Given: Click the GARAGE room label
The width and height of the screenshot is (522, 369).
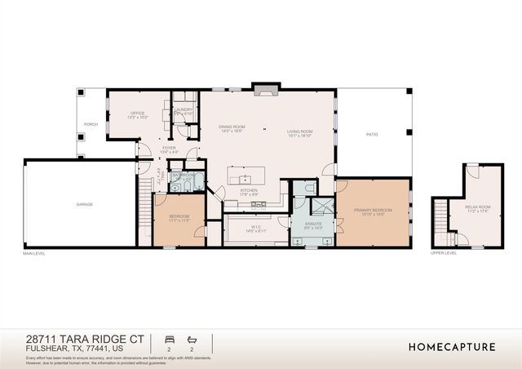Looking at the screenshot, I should click(84, 204).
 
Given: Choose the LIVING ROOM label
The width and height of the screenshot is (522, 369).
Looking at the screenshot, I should click(300, 132).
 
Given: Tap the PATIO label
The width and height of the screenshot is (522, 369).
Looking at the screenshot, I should click(371, 134).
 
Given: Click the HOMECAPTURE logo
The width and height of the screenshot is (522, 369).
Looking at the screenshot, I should click(452, 346).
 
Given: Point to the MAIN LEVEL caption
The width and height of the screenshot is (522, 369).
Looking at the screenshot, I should click(34, 253).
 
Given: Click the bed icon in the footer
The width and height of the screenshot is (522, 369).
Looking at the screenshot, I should click(170, 339).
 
